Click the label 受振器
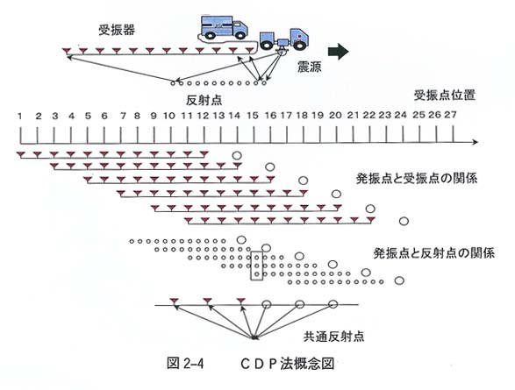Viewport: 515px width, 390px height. pos(117,30)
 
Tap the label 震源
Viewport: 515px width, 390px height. pos(309,67)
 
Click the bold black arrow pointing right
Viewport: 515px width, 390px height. pos(339,52)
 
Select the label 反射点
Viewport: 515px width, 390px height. pos(204,100)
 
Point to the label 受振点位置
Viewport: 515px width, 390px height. pos(445,96)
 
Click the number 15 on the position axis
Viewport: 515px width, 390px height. pos(253,116)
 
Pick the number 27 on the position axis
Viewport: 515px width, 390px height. pos(450,115)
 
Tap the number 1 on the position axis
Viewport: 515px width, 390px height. pos(20,116)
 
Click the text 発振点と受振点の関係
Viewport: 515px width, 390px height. pos(417,179)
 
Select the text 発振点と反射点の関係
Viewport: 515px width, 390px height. pos(434,253)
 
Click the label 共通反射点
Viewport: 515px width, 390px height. pos(333,337)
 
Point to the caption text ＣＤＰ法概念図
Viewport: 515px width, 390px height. pos(288,364)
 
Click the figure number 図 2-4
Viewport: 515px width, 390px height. pos(185,364)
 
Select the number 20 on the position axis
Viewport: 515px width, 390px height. pos(335,116)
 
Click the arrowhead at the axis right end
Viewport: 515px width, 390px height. pos(476,142)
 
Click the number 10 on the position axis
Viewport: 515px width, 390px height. pos(169,116)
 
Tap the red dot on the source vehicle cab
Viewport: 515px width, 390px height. pos(299,36)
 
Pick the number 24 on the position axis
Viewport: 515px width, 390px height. pos(400,115)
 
